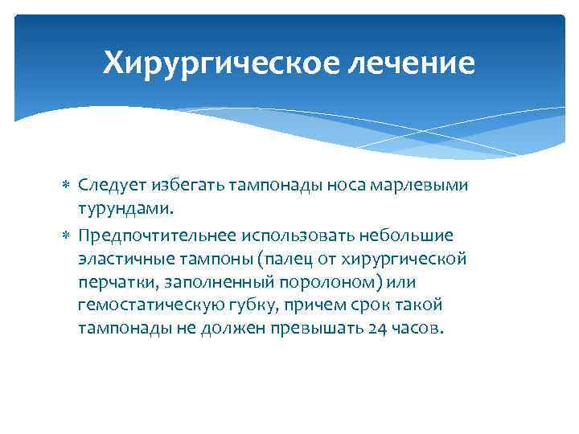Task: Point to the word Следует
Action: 109,186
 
